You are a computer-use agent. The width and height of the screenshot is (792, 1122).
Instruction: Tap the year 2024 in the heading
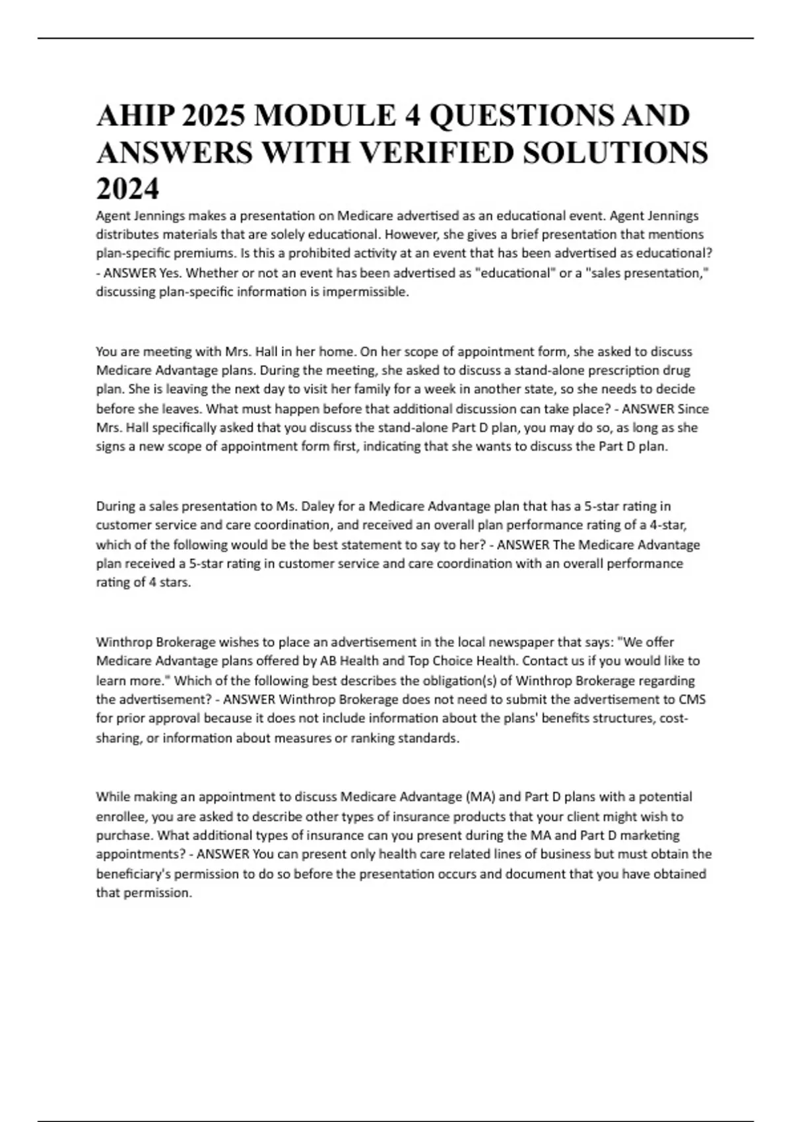tap(128, 189)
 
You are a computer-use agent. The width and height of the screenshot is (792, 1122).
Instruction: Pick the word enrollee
tap(121, 816)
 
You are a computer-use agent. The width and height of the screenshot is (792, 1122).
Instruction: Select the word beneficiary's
tap(136, 874)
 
